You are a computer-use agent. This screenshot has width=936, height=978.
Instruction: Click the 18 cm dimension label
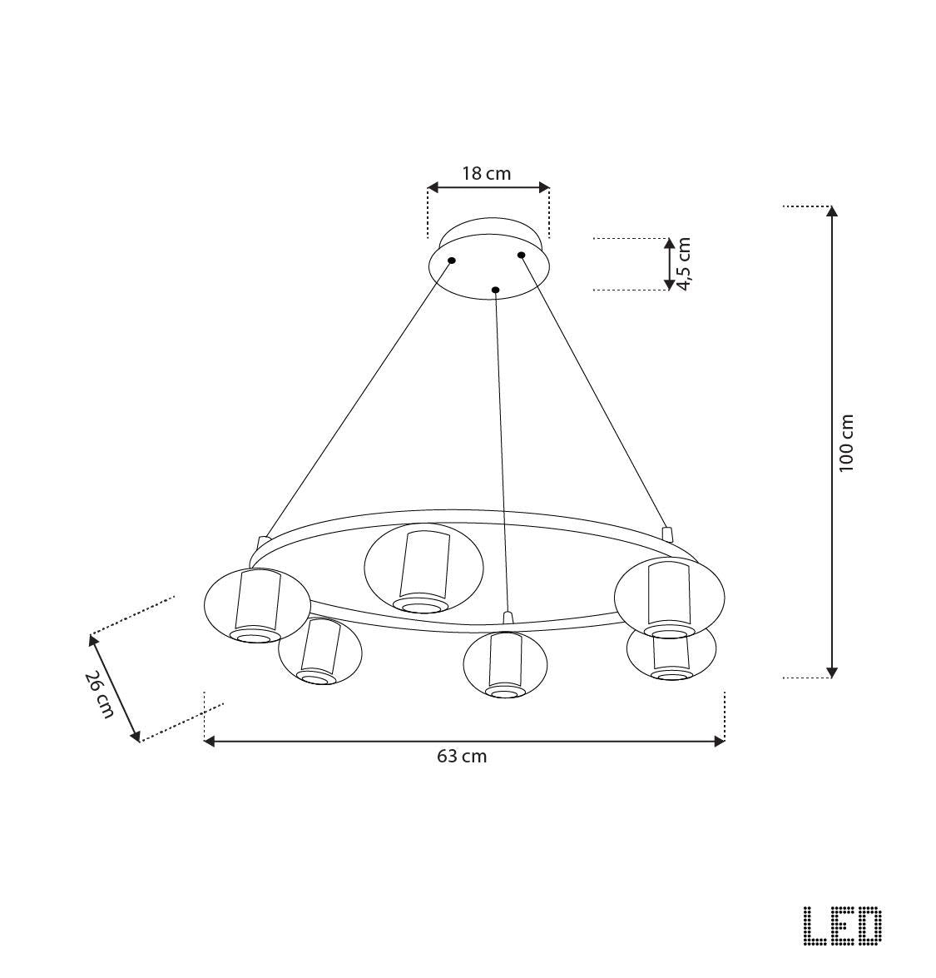(487, 174)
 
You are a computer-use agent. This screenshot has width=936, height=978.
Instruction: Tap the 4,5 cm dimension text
(684, 264)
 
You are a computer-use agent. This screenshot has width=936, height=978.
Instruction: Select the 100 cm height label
(847, 443)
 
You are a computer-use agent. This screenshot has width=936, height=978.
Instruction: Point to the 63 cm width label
(462, 757)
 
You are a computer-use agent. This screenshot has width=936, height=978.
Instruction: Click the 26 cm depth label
(100, 694)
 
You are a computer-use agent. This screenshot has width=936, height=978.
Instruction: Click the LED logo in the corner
(842, 926)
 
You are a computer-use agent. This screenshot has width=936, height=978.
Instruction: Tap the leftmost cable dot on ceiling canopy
(452, 261)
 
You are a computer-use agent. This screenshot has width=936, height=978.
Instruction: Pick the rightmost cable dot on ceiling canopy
(522, 255)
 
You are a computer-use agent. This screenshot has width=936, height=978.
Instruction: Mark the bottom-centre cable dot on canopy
(495, 290)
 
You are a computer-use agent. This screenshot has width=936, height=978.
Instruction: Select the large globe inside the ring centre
(423, 568)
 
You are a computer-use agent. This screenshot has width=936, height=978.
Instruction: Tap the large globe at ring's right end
(670, 594)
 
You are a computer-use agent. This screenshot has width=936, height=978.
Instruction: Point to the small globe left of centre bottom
(319, 652)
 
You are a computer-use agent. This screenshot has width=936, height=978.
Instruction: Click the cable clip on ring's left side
(264, 543)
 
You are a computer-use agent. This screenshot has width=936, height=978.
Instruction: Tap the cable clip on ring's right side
(666, 533)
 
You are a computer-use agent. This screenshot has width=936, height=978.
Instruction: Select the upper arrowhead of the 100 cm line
(831, 211)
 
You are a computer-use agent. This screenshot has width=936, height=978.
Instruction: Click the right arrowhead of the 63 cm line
(720, 741)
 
